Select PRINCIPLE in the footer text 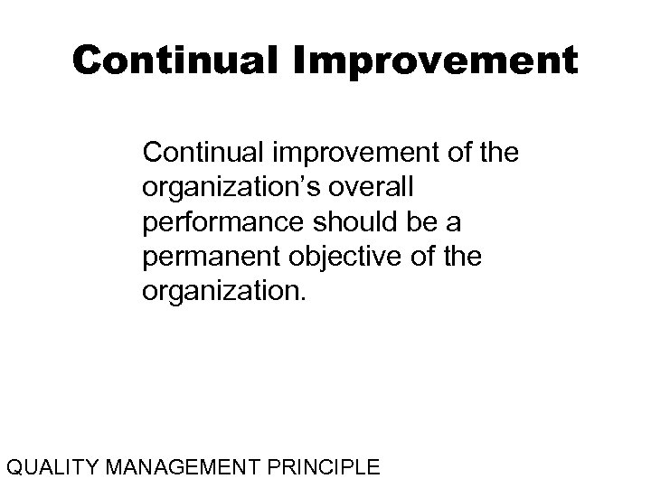click(319, 468)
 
